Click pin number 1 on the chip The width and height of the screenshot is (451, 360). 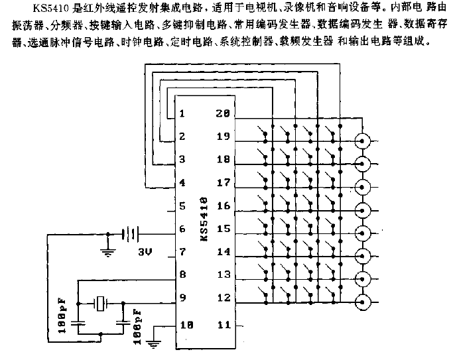coord(182,113)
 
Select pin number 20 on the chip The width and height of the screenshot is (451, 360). coord(223,113)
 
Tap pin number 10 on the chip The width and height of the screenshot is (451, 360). coord(186,325)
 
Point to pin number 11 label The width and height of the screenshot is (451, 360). coord(224,325)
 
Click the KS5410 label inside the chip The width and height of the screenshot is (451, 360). coord(204,219)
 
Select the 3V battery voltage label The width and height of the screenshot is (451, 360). coord(145,252)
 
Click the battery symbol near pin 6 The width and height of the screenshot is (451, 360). coord(130,234)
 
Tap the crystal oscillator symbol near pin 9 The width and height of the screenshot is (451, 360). coord(100,304)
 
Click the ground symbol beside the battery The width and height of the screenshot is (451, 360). coord(108,252)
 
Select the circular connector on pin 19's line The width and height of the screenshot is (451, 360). coord(362,141)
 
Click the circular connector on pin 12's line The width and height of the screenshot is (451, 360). coord(362,302)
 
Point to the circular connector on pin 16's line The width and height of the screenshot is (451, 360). coord(362,210)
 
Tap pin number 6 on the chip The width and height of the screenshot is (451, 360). coord(182,229)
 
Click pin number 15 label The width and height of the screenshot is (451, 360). coord(224,229)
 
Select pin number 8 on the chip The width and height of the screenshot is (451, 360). coord(182,274)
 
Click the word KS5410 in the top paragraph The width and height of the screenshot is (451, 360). coord(51,8)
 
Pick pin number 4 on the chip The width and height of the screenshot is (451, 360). coord(182,182)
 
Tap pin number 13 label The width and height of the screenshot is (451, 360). coord(224,274)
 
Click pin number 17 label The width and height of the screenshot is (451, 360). coord(224,182)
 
